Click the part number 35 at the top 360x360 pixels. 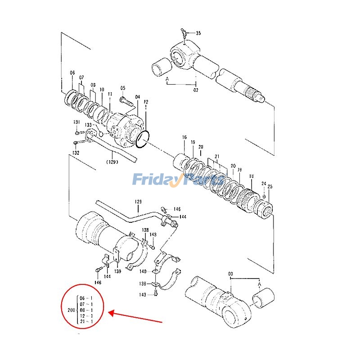pyautogui.click(x=198, y=33)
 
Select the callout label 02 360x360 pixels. pyautogui.click(x=196, y=90)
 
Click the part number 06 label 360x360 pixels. pyautogui.click(x=72, y=73)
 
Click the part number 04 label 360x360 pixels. pyautogui.click(x=137, y=97)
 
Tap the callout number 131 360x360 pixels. pyautogui.click(x=77, y=122)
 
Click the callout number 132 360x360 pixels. pyautogui.click(x=76, y=153)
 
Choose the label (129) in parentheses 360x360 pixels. pyautogui.click(x=112, y=162)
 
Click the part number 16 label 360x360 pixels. pyautogui.click(x=184, y=137)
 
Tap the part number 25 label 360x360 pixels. pyautogui.click(x=270, y=186)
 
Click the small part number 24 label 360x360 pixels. pyautogui.click(x=264, y=184)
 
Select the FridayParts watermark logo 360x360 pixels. pyautogui.click(x=178, y=180)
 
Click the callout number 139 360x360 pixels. pyautogui.click(x=117, y=271)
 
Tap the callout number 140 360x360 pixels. pyautogui.click(x=143, y=271)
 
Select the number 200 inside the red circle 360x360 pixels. pyautogui.click(x=71, y=310)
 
